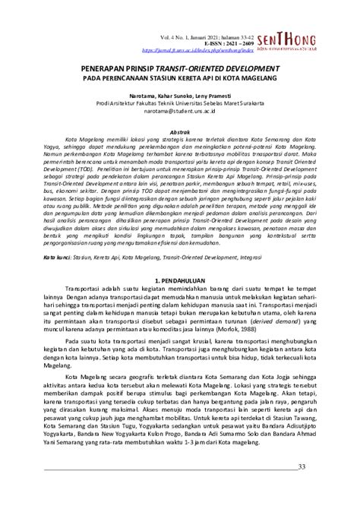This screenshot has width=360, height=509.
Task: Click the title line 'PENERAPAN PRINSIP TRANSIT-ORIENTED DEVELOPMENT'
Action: pos(180,67)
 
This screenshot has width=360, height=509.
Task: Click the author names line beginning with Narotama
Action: pos(180,96)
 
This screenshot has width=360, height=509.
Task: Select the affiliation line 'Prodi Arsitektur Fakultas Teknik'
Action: pos(180,104)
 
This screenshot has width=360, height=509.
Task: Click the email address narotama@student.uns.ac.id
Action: pos(180,112)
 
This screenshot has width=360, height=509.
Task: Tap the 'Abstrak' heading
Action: pos(179,131)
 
